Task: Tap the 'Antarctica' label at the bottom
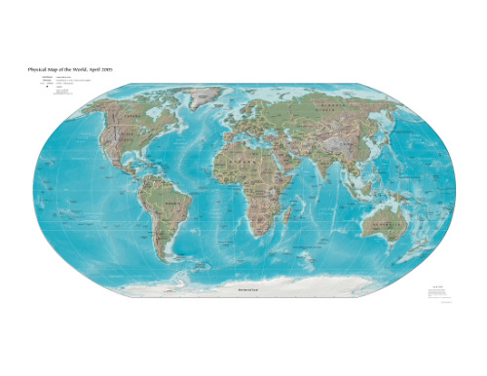(240, 290)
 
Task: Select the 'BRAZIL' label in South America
(175, 206)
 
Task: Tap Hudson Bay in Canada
(146, 122)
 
